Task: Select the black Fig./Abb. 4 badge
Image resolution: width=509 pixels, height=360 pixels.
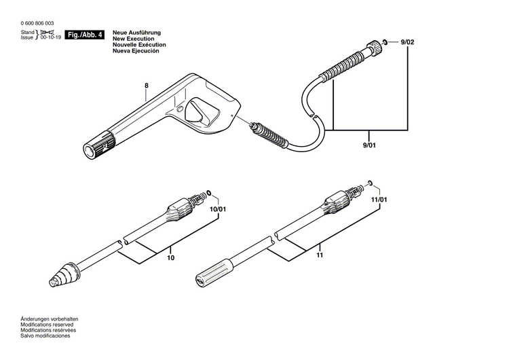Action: coord(86,35)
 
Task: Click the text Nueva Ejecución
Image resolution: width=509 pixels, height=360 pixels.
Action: coord(136,51)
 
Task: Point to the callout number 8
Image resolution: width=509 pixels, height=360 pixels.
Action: coord(145,86)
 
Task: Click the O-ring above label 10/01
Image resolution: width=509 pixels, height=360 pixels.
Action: coord(208,194)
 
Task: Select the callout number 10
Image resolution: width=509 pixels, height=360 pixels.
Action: coord(170,258)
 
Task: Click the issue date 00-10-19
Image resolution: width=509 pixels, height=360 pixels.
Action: coord(50,37)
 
